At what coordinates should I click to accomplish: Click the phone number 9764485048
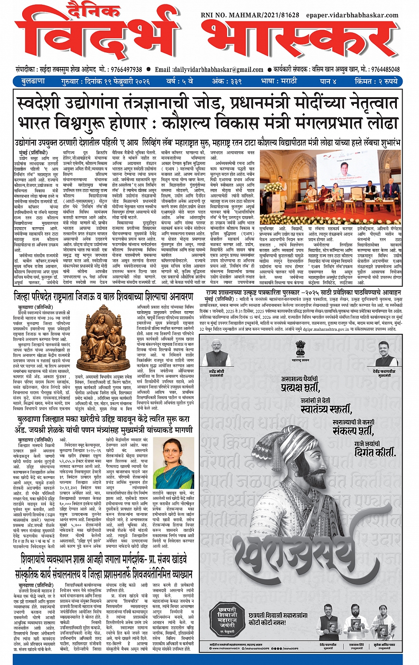pyautogui.click(x=385, y=70)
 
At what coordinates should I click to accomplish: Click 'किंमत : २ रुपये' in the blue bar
pyautogui.click(x=376, y=81)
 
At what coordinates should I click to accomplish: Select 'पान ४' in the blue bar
pyautogui.click(x=328, y=81)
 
